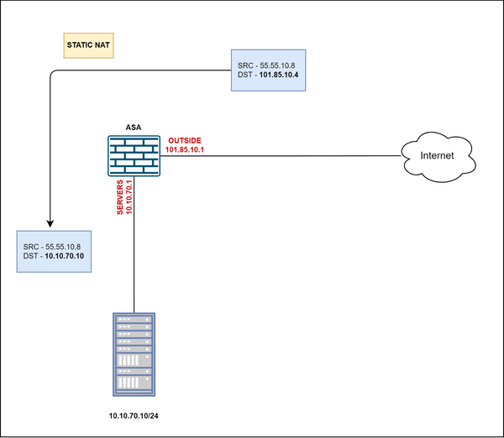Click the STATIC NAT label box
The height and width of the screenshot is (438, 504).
[x=88, y=46]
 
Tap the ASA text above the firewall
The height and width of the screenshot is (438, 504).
[x=134, y=127]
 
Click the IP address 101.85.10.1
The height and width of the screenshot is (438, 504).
[x=186, y=150]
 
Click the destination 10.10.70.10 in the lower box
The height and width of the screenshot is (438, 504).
[x=71, y=256]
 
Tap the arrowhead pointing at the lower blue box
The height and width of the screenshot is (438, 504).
[x=50, y=224]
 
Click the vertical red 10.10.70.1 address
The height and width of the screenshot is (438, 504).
[x=130, y=197]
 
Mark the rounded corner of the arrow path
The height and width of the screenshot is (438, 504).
[x=54, y=76]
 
